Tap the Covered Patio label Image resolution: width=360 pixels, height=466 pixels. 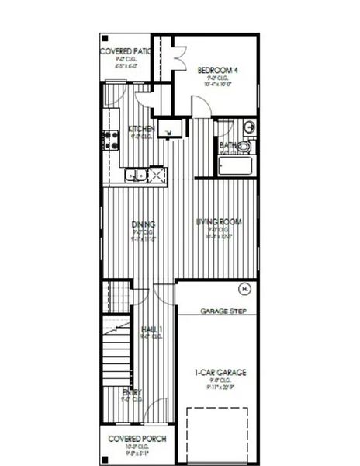pos(126,51)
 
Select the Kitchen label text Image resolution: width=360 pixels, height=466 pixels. pos(142,128)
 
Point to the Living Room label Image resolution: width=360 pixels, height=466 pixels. pos(218,221)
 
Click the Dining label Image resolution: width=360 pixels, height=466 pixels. pos(144,224)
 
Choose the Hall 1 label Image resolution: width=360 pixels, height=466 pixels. pos(151,329)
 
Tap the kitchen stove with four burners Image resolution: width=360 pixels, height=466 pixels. pos(108,140)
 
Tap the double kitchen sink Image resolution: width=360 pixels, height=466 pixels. pos(135,176)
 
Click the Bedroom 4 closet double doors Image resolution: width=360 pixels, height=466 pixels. pos(177,60)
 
